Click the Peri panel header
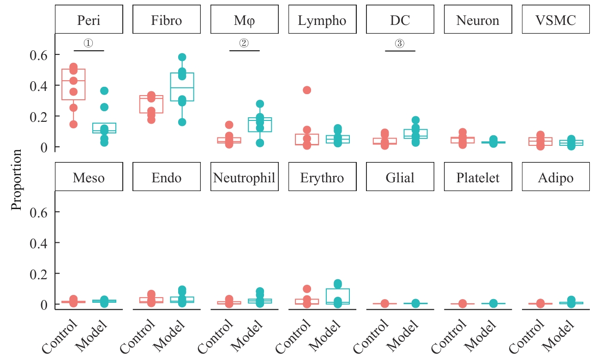click(89, 20)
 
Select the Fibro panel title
click(167, 20)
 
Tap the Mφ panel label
click(244, 20)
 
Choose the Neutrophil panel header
click(244, 178)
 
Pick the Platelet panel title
click(478, 178)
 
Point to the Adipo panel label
click(556, 178)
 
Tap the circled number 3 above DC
click(400, 43)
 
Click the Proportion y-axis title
click(17, 180)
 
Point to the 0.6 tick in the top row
click(39, 54)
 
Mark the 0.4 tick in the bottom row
click(39, 243)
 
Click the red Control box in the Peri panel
click(73, 84)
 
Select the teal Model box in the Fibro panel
click(182, 87)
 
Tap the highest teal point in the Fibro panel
click(182, 57)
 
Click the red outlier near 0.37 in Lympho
click(307, 90)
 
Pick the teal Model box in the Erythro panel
click(337, 296)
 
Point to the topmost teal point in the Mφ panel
click(260, 104)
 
